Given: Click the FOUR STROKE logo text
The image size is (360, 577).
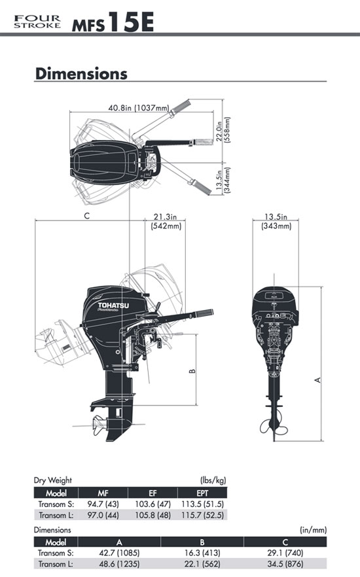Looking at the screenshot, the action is point(37,22).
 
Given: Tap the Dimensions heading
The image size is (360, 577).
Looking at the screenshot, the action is point(81,73).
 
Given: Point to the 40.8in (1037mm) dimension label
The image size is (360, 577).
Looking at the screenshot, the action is point(139,108).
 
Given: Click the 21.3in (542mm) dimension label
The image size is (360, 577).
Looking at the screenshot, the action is point(166,221).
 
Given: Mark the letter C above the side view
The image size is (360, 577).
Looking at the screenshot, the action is point(87,216).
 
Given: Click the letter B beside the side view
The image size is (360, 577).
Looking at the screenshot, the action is point(192,371).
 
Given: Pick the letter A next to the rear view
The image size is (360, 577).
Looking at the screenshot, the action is point(318,379).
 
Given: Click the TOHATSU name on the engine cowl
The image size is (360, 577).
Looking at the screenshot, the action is point(113,306).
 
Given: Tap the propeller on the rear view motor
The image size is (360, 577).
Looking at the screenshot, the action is point(274,425).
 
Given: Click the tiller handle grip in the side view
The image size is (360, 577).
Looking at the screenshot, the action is point(204,313).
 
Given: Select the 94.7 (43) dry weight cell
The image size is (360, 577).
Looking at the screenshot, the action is point(103,504).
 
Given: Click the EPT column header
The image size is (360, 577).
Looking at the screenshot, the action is point(202,493).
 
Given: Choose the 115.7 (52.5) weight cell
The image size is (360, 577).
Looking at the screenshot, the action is point(202,515).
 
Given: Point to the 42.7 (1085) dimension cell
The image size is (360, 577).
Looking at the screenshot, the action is point(119,552).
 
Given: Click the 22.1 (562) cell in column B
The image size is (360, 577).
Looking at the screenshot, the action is point(202,563).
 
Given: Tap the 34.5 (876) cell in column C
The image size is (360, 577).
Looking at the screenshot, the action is point(285,563).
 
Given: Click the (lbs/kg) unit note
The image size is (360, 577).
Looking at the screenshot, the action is point(213,480).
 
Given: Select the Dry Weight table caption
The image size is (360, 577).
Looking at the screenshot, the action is point(52,480).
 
